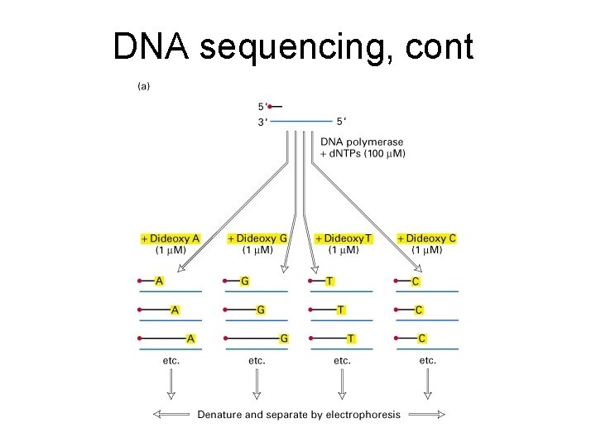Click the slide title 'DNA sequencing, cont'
[293, 47]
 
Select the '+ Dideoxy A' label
[171, 238]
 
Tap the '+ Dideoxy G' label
[257, 238]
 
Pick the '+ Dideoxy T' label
[343, 238]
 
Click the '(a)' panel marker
[144, 84]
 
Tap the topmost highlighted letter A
[159, 281]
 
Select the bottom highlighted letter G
[284, 338]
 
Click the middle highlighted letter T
[341, 310]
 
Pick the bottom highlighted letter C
[421, 338]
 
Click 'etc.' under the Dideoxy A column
[171, 360]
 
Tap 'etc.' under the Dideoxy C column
[427, 360]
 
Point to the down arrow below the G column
[257, 383]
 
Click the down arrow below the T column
[342, 383]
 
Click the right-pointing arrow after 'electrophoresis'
[426, 414]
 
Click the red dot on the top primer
[270, 106]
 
